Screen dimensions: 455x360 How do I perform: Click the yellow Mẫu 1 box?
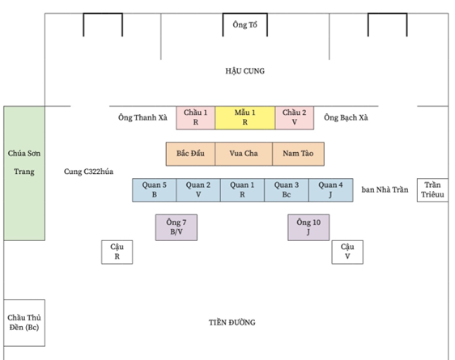point(245,117)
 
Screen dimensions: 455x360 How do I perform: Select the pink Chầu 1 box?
point(196,117)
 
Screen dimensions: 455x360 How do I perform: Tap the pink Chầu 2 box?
point(294,117)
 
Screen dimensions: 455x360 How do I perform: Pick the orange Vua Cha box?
point(244,154)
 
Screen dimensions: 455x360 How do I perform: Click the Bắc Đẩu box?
point(190,154)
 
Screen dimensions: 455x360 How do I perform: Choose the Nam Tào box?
point(298,154)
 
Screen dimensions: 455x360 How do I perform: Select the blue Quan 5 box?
point(155,190)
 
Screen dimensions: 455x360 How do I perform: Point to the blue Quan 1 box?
point(242,190)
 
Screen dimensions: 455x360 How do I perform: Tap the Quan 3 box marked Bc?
point(287,190)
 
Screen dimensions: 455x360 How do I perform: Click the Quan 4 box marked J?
point(331,190)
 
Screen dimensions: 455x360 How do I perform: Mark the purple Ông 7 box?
point(176,227)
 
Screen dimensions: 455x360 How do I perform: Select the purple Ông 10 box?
point(308,227)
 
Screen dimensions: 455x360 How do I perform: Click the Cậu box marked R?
point(117,252)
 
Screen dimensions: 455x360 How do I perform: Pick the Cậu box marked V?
point(347,252)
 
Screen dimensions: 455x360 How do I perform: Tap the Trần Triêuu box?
point(432,190)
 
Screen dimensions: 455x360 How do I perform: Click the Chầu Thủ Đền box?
point(24,323)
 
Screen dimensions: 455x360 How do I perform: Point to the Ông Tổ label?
point(245,25)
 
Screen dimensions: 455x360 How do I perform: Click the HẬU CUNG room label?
point(245,71)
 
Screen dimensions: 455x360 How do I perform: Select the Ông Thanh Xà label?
point(142,117)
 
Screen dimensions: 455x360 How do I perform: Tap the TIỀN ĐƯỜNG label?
point(232,322)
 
